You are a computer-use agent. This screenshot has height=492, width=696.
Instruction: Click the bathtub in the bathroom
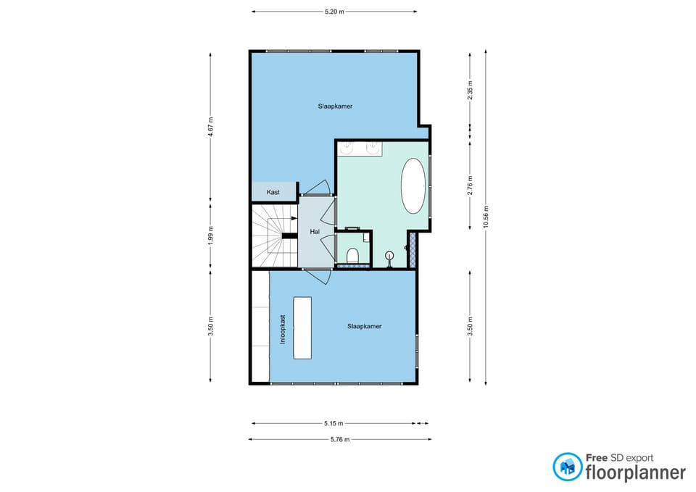413,186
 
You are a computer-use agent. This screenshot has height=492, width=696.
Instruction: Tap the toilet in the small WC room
353,255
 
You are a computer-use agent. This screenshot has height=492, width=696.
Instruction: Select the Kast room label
273,192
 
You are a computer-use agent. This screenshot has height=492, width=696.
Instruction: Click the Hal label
315,232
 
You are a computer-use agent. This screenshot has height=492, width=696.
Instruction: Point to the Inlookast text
283,330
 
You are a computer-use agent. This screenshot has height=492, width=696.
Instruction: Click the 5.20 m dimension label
334,12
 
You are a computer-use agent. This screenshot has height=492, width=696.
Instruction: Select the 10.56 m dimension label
486,217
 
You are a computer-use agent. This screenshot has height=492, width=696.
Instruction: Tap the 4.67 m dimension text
210,127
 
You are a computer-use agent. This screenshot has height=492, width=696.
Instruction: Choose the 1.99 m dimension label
210,236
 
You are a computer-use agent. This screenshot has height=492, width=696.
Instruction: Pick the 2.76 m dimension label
470,185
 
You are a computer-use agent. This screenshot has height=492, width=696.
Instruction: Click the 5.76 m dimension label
340,440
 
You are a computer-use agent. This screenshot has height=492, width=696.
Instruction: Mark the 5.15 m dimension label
333,424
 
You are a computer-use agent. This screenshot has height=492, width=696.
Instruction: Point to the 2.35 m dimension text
470,90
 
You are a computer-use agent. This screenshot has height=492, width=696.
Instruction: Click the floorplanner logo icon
567,467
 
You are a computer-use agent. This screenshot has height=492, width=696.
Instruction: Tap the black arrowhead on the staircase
294,218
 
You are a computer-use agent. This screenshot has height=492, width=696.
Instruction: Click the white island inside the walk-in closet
302,328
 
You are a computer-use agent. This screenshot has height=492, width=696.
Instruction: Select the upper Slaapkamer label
335,107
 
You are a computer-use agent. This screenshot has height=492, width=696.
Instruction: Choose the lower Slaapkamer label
365,327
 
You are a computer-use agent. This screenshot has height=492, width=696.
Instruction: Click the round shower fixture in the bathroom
389,255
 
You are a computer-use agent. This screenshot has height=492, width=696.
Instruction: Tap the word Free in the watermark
596,458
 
